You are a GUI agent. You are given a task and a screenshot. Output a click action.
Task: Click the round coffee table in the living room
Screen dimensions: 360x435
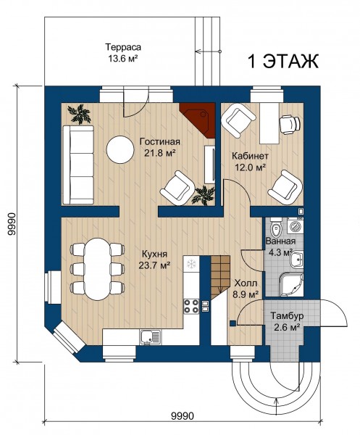coord(120,149)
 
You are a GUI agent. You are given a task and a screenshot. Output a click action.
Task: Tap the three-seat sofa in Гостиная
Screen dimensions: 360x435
coord(78,165)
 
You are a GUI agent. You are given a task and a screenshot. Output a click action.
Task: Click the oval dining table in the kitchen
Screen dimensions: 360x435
coord(97,269)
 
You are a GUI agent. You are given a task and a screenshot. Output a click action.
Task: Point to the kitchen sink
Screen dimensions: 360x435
coord(151,336)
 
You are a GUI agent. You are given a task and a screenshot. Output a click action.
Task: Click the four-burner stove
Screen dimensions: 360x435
coord(191,306)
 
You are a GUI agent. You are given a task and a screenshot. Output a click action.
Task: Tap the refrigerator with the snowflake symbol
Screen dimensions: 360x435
coord(191,264)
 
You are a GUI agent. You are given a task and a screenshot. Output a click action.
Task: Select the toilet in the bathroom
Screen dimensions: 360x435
coord(276,228)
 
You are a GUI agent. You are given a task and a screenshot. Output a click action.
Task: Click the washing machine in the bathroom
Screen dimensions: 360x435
coord(296,225)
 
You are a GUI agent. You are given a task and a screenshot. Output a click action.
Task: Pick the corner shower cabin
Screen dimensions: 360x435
coord(290,284)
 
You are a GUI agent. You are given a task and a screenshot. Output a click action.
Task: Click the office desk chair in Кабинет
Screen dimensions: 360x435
coord(290,123)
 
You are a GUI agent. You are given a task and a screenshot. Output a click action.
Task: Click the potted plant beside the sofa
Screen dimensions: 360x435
coord(80,114)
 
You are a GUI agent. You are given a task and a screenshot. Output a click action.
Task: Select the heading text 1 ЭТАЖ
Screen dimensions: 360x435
coord(282,62)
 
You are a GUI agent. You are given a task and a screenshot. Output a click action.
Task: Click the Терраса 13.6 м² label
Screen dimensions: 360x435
coord(122,52)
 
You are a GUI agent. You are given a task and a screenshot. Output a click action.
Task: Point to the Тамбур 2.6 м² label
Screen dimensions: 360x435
coord(287,321)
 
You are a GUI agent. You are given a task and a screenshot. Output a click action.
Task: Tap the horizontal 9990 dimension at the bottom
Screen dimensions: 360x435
coord(183,416)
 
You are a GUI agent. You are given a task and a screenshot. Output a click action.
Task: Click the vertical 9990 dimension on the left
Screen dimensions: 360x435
coord(11,224)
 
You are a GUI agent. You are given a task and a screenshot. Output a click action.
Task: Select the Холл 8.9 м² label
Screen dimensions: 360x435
coord(246,289)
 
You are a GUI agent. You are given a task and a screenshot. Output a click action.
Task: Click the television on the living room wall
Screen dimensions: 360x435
coord(210,165)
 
